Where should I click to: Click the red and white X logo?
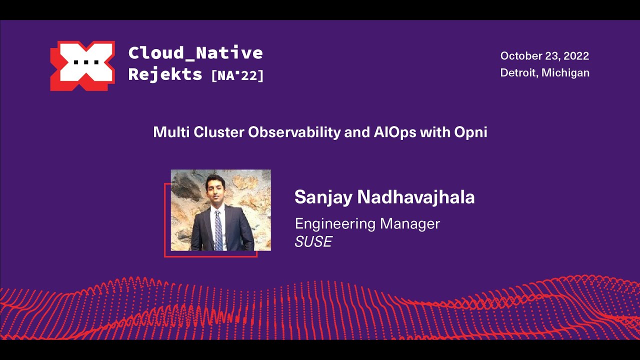click(x=82, y=66)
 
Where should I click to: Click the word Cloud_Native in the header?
click(x=195, y=52)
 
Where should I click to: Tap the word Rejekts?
click(x=165, y=74)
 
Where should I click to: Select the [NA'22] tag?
click(x=237, y=75)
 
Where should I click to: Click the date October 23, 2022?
click(x=544, y=55)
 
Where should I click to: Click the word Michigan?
click(x=566, y=72)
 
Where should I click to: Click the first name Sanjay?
click(x=323, y=197)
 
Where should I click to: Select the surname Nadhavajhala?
click(x=415, y=197)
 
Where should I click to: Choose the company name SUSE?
click(x=313, y=242)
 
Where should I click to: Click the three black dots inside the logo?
click(x=82, y=62)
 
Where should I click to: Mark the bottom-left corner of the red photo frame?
click(x=165, y=256)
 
